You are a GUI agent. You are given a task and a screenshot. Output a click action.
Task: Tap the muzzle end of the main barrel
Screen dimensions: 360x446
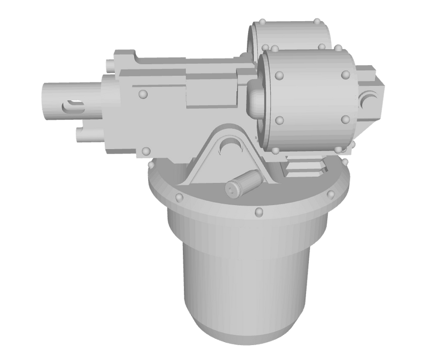point(45,100)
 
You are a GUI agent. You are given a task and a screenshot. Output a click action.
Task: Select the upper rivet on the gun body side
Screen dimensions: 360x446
point(143,94)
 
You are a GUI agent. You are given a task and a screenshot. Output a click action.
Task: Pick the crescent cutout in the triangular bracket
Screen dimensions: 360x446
point(230,146)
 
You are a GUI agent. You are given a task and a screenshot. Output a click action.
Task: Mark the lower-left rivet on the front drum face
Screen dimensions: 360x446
point(278,119)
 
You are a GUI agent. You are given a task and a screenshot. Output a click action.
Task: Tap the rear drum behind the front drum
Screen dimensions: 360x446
point(290,33)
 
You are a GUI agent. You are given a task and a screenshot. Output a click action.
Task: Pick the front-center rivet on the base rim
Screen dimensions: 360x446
point(259,211)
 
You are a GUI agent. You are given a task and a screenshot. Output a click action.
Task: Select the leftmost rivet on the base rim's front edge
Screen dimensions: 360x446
point(180,198)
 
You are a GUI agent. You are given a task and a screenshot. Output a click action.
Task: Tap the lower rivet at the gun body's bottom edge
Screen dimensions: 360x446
point(147,150)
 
